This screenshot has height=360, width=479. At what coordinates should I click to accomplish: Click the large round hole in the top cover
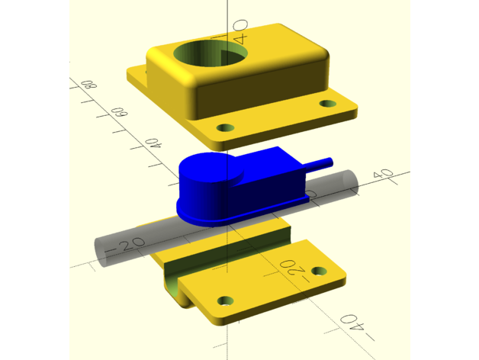pyautogui.click(x=211, y=54)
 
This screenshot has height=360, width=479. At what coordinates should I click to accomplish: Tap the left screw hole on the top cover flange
pyautogui.click(x=225, y=127)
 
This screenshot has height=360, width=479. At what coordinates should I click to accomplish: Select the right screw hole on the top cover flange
pyautogui.click(x=328, y=104)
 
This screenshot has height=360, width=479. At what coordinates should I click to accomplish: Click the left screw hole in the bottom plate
pyautogui.click(x=226, y=301)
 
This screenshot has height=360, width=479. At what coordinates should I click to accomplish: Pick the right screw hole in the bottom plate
pyautogui.click(x=319, y=271)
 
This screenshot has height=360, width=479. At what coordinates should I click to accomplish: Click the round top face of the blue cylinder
pyautogui.click(x=211, y=168)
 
